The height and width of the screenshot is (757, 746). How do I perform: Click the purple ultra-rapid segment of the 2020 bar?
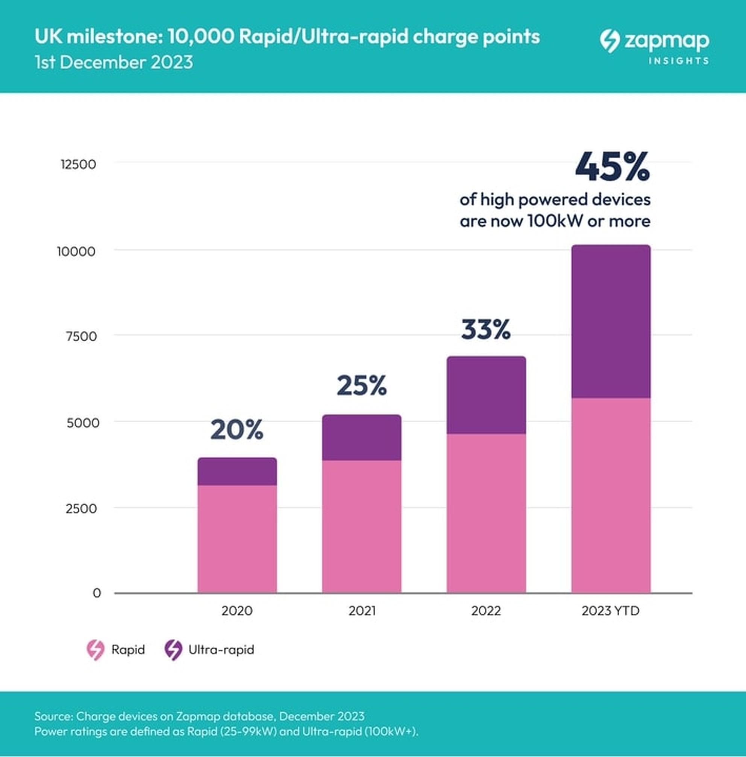[237, 471]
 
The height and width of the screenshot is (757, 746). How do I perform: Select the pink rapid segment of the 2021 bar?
[362, 526]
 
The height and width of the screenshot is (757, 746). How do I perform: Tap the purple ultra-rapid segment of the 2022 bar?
[486, 395]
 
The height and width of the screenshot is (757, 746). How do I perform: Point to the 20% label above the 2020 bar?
[237, 430]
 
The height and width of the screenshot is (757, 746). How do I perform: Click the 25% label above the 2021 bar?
[362, 385]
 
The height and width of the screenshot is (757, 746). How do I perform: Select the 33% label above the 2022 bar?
[486, 329]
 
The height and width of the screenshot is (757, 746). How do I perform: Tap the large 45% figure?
[613, 167]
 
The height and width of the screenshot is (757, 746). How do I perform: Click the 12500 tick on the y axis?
[78, 165]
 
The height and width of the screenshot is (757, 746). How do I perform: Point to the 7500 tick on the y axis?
[81, 336]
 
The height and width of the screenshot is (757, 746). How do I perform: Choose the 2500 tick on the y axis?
[81, 508]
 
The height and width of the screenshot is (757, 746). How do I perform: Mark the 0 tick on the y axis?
[97, 593]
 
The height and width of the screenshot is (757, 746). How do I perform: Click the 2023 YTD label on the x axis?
[610, 610]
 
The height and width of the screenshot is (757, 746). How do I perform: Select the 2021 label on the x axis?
[362, 610]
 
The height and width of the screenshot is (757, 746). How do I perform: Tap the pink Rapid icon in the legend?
[96, 650]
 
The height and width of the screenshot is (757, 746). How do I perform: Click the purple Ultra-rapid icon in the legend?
[173, 650]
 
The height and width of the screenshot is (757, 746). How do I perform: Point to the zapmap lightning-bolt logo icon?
[610, 41]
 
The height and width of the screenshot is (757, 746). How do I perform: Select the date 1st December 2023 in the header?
[114, 62]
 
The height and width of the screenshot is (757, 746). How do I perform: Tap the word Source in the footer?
[53, 716]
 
